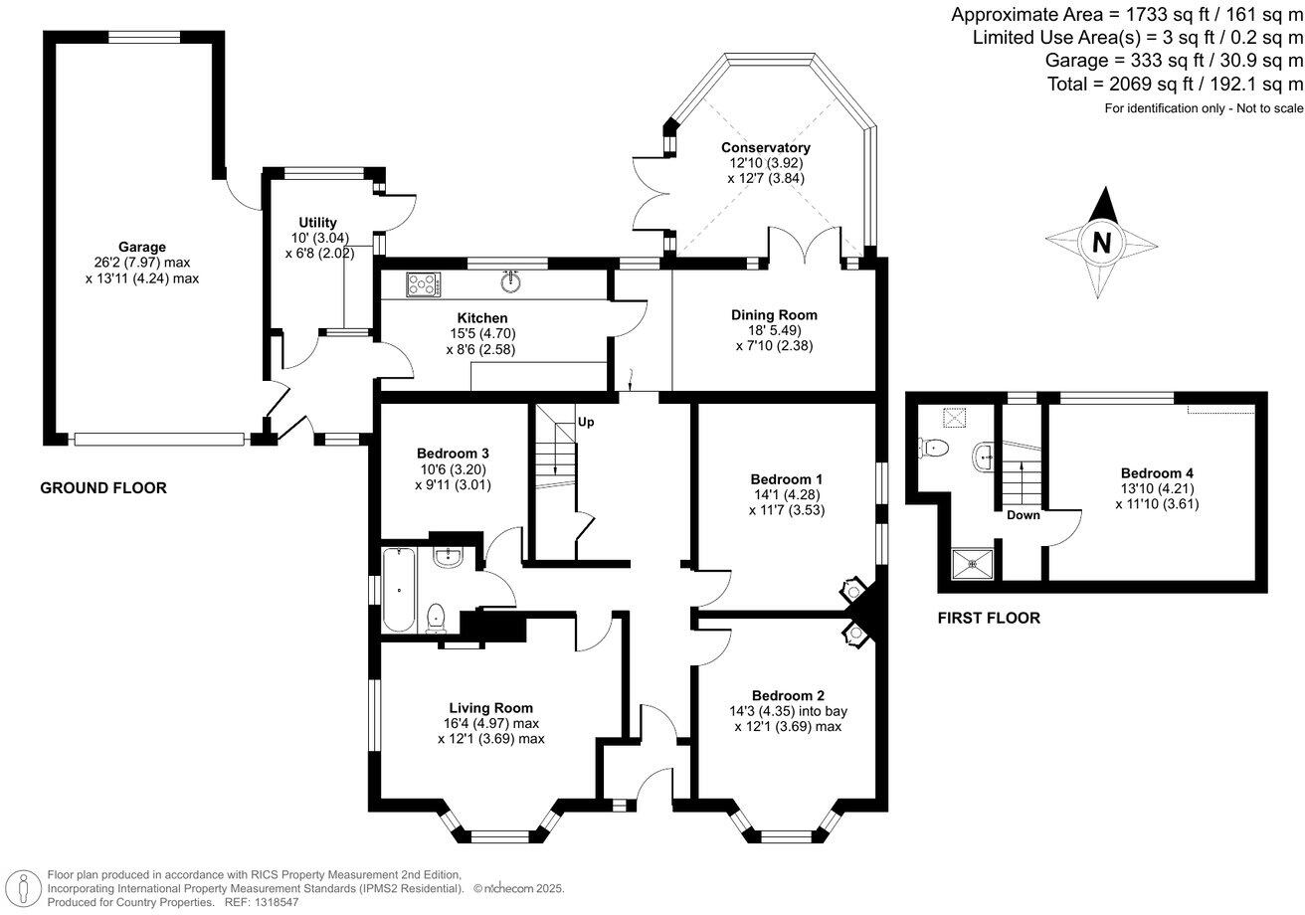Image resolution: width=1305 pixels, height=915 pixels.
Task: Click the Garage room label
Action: tap(142, 247)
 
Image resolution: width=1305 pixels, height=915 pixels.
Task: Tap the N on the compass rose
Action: tap(1100, 243)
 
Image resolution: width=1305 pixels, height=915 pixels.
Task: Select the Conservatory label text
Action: tap(765, 147)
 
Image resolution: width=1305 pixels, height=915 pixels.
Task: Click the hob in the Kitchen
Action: tap(423, 284)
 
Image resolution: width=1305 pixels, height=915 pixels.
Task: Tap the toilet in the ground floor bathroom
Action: tap(435, 619)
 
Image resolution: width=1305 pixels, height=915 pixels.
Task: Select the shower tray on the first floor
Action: tap(967, 564)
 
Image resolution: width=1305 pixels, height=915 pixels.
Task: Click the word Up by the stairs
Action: tap(586, 422)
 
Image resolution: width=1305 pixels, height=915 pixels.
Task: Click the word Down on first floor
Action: tap(1023, 515)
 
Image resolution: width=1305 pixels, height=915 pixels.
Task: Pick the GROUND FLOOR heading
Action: tap(102, 488)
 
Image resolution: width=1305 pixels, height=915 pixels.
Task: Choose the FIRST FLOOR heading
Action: tap(989, 619)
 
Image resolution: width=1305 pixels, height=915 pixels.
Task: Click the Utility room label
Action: tap(317, 222)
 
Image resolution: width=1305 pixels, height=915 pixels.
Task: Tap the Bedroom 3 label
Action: tap(453, 453)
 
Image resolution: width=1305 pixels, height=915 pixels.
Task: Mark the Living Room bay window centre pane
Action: tap(500, 835)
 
